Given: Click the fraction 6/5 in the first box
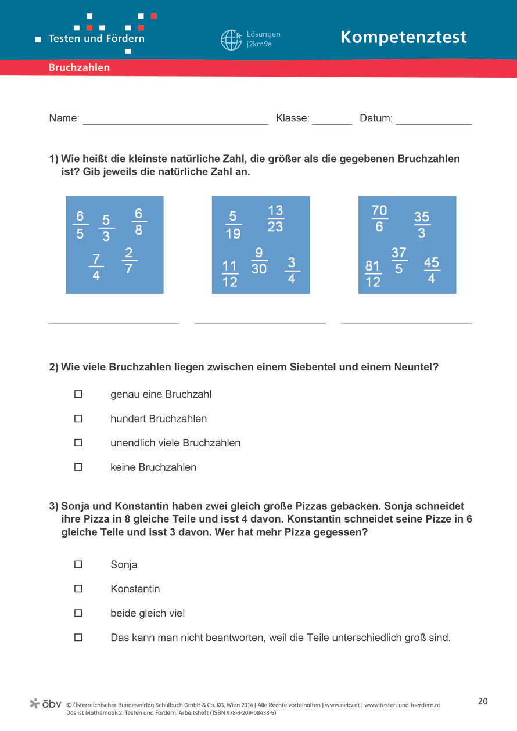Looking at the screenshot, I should click(x=80, y=225).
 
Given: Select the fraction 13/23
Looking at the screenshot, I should click(x=275, y=218).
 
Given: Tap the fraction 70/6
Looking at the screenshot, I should click(x=379, y=218).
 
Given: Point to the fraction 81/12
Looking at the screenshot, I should click(x=373, y=274).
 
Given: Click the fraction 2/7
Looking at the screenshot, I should click(x=129, y=261).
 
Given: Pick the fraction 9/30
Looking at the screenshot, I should click(x=259, y=261).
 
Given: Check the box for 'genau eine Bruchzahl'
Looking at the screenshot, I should click(x=78, y=394).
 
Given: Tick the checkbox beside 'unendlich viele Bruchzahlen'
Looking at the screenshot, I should click(x=78, y=442).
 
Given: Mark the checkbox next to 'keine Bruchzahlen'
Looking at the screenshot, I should click(x=78, y=467).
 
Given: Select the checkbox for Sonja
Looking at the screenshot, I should click(x=78, y=564).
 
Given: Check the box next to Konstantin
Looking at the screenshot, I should click(x=78, y=589).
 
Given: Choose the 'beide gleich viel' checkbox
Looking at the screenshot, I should click(x=78, y=613).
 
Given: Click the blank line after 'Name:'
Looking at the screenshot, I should click(x=175, y=121).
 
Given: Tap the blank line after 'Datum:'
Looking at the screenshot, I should click(x=433, y=121).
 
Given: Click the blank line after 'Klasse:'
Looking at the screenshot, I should click(x=332, y=121).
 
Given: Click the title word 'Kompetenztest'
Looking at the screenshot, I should click(x=403, y=37).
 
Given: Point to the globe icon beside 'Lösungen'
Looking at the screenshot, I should click(x=231, y=40).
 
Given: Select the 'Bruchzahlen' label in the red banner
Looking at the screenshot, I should click(x=79, y=68).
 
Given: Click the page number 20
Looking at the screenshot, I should click(x=483, y=701).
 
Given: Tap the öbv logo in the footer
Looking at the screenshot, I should click(x=45, y=704).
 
